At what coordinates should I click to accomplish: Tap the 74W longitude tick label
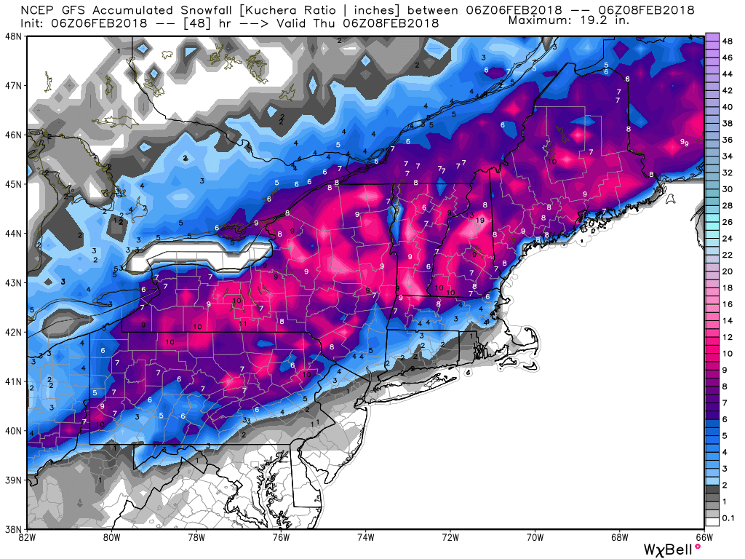click(x=366, y=539)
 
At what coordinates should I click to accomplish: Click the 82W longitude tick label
click(x=27, y=539)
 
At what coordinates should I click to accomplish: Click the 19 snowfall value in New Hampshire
click(x=480, y=221)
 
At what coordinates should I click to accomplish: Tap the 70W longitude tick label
click(x=535, y=539)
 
